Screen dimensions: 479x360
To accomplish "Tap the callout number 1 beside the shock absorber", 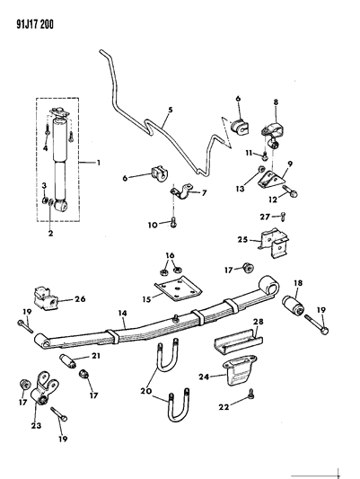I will coord(100,164).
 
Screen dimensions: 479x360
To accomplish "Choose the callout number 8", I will coord(275,103).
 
